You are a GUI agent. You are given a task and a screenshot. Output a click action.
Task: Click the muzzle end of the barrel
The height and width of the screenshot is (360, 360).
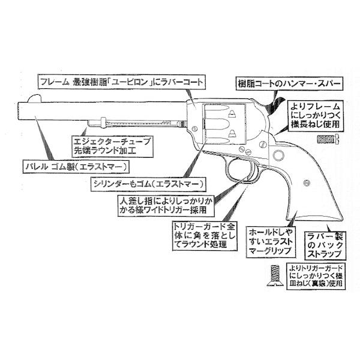22,110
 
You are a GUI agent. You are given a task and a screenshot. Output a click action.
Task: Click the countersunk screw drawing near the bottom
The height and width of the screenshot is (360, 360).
273,277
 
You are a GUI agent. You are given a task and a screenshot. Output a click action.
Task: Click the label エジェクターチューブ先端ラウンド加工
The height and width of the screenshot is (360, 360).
111,144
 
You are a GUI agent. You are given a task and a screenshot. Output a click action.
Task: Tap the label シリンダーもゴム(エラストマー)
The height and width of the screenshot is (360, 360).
147,182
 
